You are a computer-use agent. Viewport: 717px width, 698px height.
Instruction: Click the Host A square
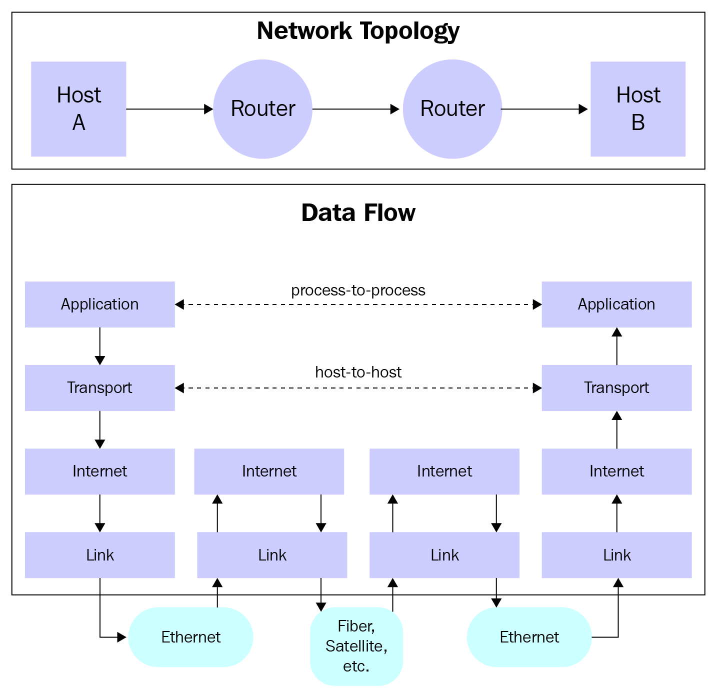coord(78,109)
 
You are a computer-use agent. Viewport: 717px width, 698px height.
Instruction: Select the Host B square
coord(638,109)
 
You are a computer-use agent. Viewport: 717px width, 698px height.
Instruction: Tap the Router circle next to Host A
coord(262,109)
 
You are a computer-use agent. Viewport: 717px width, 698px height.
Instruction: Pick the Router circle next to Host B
coord(452,109)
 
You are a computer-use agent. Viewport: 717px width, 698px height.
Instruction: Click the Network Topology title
coord(358,31)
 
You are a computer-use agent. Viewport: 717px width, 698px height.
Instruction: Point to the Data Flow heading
coord(358,213)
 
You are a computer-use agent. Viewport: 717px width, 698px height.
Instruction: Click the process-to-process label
coord(358,290)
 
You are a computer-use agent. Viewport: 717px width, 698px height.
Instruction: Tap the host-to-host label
coord(358,372)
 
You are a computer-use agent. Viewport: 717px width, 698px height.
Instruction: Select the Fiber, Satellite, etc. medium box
coord(356,646)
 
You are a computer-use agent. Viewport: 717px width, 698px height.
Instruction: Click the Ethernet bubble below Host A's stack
coord(190,637)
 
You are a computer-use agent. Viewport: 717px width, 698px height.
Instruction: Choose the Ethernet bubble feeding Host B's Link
coord(529,637)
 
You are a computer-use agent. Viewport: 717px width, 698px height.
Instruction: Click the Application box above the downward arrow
coord(100,304)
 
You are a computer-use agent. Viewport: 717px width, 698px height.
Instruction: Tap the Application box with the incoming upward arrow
coord(616,304)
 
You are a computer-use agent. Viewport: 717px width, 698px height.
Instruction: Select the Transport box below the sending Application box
coord(100,387)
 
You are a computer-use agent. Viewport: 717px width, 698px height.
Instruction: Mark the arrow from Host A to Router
coord(169,109)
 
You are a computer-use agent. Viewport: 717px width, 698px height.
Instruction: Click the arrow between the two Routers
coord(356,109)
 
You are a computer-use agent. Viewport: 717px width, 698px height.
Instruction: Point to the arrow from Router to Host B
coord(544,109)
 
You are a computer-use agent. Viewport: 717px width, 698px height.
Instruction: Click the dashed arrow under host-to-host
coord(358,388)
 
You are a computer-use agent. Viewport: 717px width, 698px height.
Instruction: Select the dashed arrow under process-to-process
coord(358,304)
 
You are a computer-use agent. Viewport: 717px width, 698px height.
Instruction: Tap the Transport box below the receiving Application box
coord(616,387)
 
